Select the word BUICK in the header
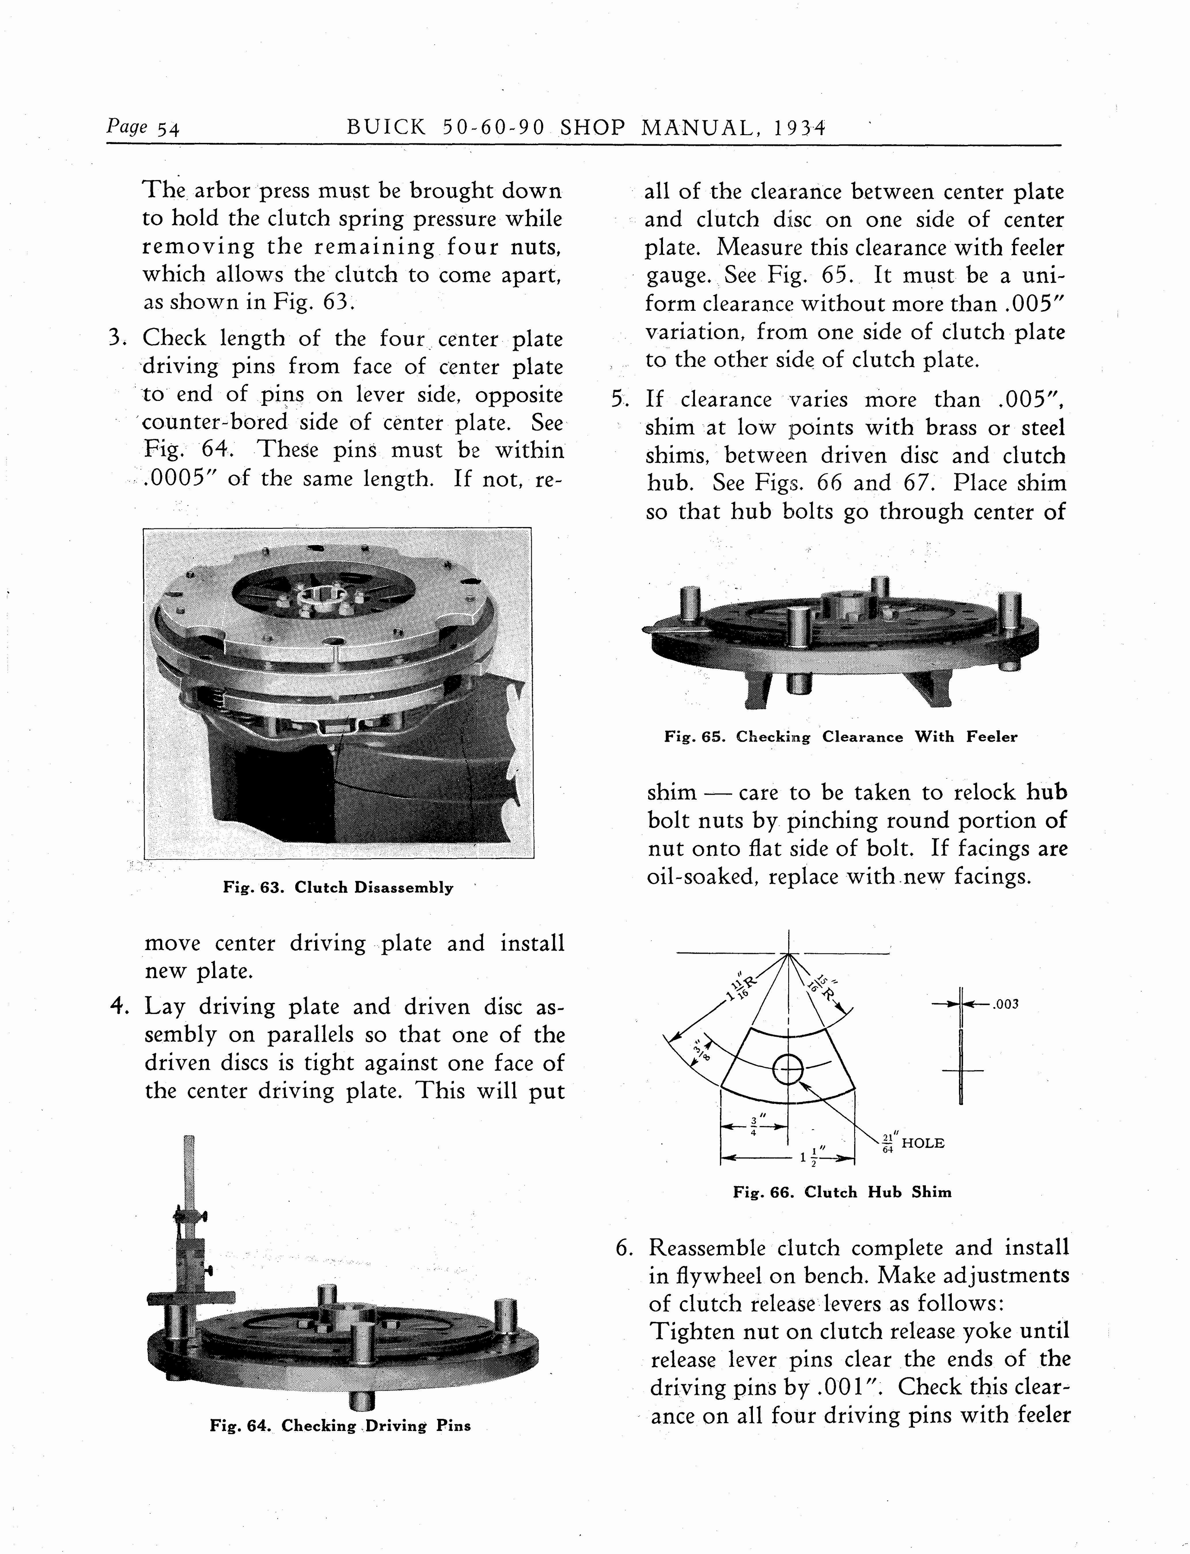385,128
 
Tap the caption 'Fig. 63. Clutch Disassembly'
338,888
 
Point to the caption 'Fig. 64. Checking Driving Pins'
340,1426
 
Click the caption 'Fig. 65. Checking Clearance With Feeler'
840,736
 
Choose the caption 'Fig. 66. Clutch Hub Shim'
842,1192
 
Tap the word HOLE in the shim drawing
922,1143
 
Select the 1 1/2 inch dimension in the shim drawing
808,1159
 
